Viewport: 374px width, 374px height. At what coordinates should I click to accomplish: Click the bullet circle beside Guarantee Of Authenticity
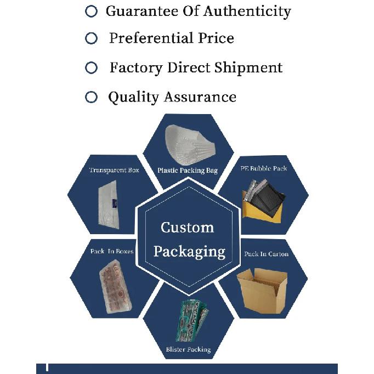pyautogui.click(x=91, y=11)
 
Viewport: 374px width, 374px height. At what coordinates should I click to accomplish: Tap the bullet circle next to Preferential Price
pyautogui.click(x=91, y=38)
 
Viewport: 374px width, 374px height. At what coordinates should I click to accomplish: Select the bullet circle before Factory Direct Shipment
pyautogui.click(x=91, y=67)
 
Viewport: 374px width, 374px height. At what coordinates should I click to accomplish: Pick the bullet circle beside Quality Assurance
pyautogui.click(x=91, y=97)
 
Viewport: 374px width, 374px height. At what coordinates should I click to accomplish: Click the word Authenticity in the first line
pyautogui.click(x=247, y=12)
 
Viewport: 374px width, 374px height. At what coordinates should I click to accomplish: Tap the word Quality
pyautogui.click(x=133, y=97)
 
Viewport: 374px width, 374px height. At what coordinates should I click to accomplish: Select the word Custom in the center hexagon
pyautogui.click(x=187, y=228)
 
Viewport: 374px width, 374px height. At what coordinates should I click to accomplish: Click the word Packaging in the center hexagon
pyautogui.click(x=189, y=252)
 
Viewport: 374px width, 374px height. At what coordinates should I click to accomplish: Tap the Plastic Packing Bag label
pyautogui.click(x=188, y=171)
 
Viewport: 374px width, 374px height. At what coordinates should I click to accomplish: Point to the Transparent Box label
pyautogui.click(x=114, y=170)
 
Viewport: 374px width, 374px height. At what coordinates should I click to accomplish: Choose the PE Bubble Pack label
pyautogui.click(x=264, y=168)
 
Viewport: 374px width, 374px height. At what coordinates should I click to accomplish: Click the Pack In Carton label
pyautogui.click(x=266, y=254)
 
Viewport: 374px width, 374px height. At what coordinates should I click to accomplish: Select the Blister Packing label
pyautogui.click(x=188, y=349)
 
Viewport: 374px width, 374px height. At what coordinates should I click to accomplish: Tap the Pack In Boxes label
pyautogui.click(x=112, y=251)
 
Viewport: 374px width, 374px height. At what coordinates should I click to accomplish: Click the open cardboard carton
pyautogui.click(x=262, y=291)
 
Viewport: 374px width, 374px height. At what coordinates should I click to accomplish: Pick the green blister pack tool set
pyautogui.click(x=192, y=320)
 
